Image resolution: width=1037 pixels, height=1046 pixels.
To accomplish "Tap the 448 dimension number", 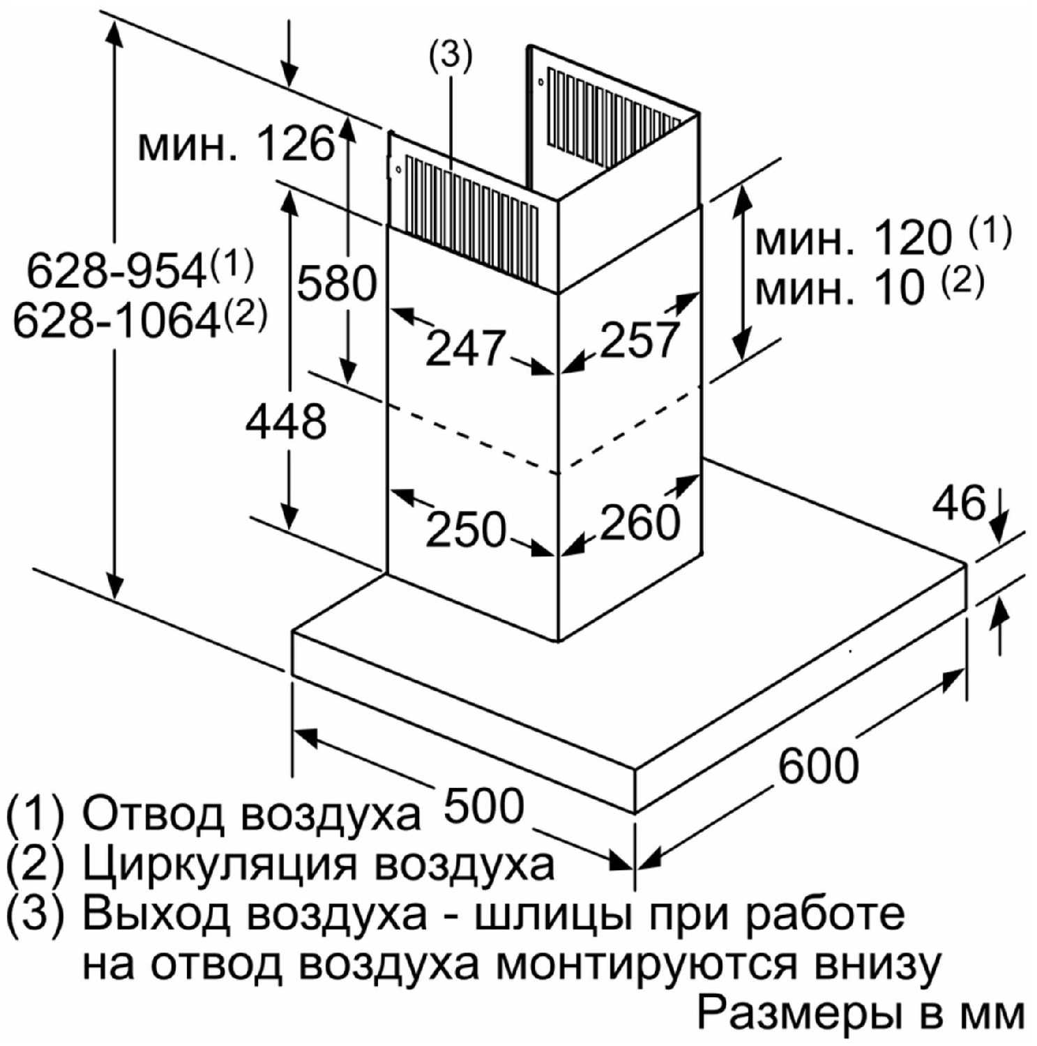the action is [286, 420].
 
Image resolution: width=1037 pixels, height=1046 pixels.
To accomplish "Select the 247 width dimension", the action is [465, 347].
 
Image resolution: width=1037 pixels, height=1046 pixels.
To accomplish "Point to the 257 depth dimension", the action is [639, 339].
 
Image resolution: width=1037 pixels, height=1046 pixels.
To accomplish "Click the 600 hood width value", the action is [818, 765].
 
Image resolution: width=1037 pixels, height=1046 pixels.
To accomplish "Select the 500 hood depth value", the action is [483, 805].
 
